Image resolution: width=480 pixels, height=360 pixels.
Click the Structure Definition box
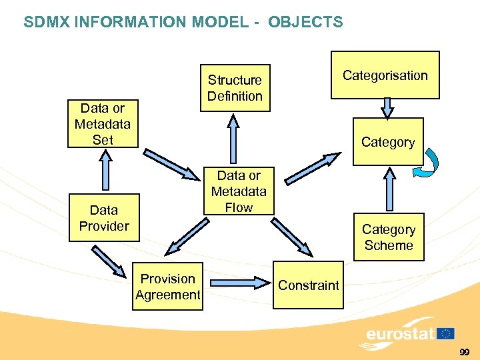(235, 88)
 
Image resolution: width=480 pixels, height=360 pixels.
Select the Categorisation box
(385, 75)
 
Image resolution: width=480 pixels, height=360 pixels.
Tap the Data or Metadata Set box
(103, 124)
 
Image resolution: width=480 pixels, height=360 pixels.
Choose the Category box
(387, 142)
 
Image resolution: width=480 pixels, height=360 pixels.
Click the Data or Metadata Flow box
(239, 191)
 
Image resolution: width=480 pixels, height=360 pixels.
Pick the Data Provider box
(104, 218)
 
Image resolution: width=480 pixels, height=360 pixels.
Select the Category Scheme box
(388, 237)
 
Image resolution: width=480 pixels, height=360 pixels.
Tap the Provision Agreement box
(168, 287)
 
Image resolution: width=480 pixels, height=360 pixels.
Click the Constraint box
(308, 285)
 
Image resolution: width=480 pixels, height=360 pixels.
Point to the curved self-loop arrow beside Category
(427, 163)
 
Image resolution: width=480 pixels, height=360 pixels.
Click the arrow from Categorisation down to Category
(387, 109)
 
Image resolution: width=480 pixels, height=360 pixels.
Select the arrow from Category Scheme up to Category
(389, 190)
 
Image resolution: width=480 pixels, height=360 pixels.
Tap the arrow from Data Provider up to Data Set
(104, 171)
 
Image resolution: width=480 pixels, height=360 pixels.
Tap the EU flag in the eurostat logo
(445, 334)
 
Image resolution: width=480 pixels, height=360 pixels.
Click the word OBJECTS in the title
(305, 22)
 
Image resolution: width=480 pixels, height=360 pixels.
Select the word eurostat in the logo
(400, 333)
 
